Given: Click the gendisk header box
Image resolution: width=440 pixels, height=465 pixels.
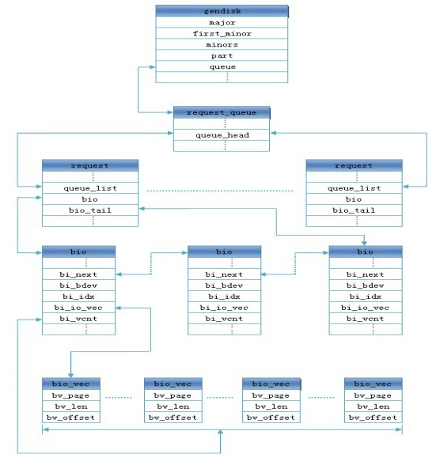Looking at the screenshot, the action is click(222, 11).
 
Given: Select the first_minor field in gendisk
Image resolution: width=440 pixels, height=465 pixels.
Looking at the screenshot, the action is click(222, 33).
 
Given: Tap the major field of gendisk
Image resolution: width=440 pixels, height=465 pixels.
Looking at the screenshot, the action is click(222, 22).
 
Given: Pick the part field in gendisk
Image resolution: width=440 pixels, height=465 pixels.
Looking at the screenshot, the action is click(222, 55).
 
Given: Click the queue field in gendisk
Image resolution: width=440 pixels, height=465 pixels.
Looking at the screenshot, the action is click(222, 66).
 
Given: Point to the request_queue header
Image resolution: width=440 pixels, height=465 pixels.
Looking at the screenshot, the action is click(222, 112).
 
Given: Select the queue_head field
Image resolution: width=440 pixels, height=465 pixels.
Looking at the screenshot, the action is click(222, 135).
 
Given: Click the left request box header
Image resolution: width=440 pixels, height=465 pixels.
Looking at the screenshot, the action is click(90, 165).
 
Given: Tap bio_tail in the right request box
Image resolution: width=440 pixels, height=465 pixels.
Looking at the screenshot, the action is click(354, 210).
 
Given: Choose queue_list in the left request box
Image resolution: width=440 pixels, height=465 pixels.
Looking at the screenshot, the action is click(90, 188).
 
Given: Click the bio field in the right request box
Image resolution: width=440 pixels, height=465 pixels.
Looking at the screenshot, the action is click(354, 199).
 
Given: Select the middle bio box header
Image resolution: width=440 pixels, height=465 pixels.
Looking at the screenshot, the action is click(224, 251).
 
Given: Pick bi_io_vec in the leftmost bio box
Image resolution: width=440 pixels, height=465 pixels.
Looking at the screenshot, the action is click(78, 308).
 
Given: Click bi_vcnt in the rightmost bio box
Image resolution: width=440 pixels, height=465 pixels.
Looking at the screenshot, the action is click(366, 319).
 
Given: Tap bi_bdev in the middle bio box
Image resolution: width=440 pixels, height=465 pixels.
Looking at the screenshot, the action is click(224, 285).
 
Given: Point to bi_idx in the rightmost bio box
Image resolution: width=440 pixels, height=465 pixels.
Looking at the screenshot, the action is click(366, 297).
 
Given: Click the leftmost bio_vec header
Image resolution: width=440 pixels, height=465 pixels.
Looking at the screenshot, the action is click(71, 384).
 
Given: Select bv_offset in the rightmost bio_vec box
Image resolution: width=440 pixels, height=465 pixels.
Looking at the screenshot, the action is click(374, 418).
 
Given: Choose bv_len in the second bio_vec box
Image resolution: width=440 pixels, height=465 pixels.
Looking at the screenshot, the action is click(173, 406).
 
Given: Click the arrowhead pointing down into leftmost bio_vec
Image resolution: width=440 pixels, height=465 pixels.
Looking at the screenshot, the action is click(70, 375).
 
